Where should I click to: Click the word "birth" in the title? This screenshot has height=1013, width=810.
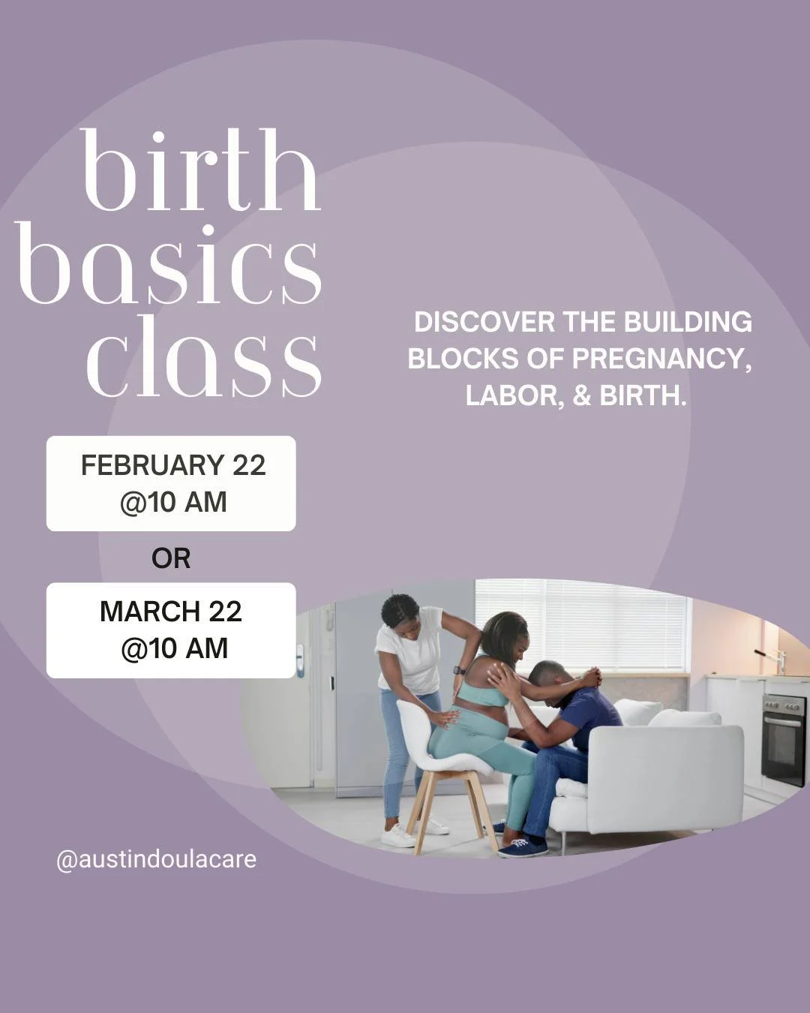coord(201,171)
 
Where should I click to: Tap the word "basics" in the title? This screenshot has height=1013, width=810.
coord(169,264)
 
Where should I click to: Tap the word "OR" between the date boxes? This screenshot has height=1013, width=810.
coord(171,558)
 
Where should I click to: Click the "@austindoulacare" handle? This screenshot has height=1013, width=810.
coord(156,859)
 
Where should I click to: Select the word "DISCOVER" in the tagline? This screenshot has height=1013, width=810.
coord(484,322)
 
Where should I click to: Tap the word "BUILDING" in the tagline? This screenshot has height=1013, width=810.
coord(688,322)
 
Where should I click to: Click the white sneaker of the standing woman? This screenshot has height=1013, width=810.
coord(397,835)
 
